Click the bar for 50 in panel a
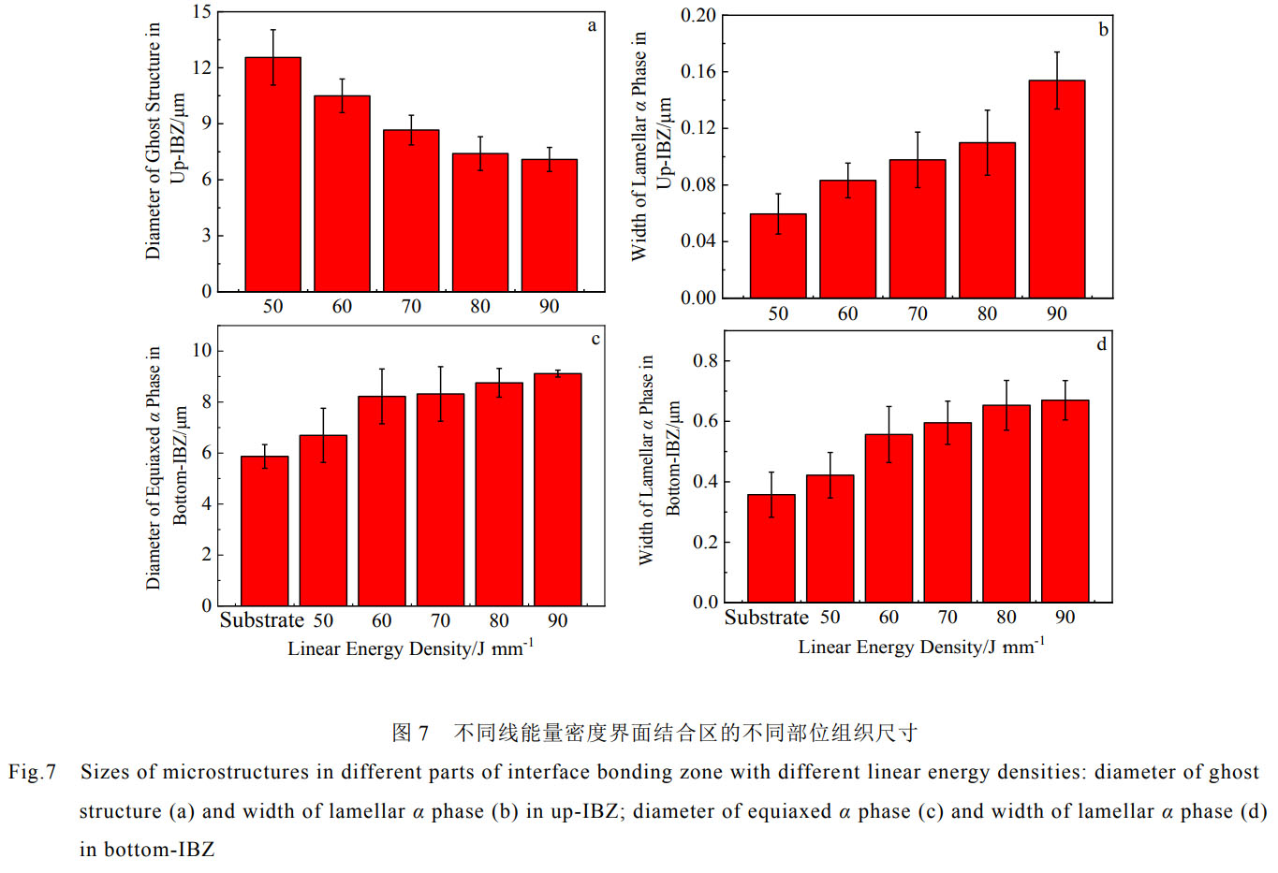coord(272,175)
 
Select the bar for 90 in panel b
coord(1056,189)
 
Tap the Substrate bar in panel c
coord(264,531)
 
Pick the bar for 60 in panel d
coord(889,518)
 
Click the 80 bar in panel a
coord(480,223)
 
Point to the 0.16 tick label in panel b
coord(698,72)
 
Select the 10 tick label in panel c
coord(201,351)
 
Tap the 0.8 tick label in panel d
coord(706,361)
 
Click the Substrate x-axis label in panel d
coord(766,618)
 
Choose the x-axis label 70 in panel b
coord(918,314)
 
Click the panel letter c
coord(595,339)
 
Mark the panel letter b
coord(1103,30)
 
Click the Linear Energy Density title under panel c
coord(410,648)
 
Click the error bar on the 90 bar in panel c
coord(557,372)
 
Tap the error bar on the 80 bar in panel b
coord(987,142)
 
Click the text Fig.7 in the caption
coord(33,772)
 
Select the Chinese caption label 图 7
coord(410,733)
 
